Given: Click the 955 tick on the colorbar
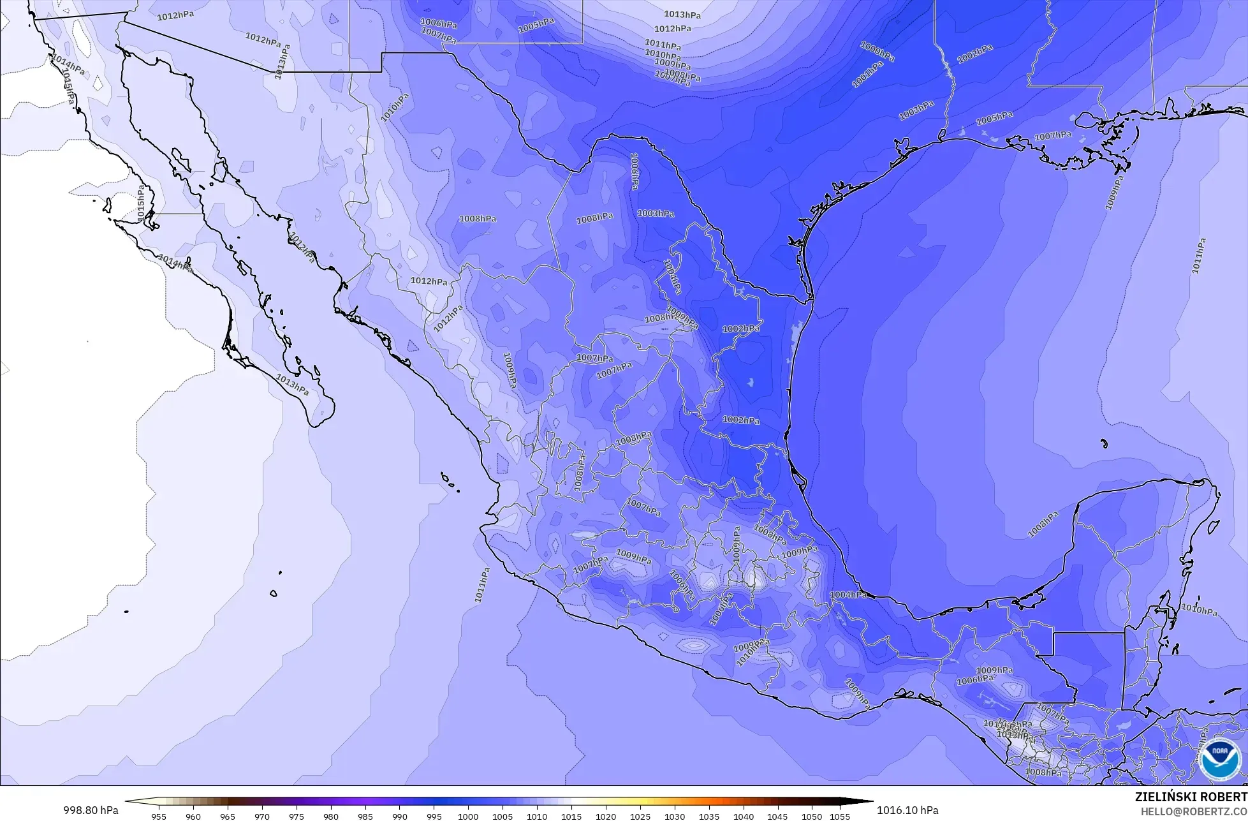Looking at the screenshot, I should tap(159, 816).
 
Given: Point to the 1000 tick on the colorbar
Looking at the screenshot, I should tap(468, 816).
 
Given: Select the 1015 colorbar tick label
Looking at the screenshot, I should tap(571, 816).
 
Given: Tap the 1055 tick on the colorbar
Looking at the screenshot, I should tap(840, 816).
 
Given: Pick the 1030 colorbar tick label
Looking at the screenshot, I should tap(675, 816).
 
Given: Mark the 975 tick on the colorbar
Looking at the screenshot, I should tap(297, 816).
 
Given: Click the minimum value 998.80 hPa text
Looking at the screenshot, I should tap(90, 810).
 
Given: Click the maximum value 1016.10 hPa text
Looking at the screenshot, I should tap(907, 810).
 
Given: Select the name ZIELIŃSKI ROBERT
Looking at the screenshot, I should tap(1191, 797).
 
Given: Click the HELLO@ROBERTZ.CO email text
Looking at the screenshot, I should tap(1194, 811).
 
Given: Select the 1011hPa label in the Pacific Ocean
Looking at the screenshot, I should tap(481, 586).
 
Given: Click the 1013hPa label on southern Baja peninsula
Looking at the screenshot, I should tap(292, 385).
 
